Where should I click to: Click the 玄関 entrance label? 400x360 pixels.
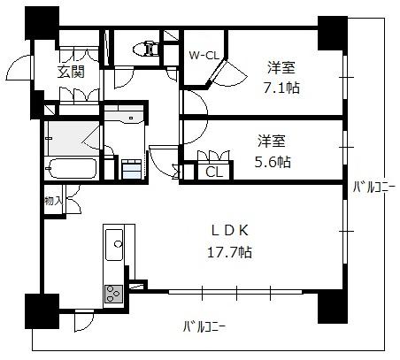point(71,72)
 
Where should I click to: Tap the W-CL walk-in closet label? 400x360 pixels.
point(204,55)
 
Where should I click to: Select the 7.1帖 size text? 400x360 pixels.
point(281,88)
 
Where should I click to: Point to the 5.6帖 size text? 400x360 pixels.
point(273,162)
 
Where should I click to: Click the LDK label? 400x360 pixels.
point(230,231)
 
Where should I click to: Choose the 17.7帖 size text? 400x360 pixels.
point(230,252)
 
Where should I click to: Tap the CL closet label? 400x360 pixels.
point(214,172)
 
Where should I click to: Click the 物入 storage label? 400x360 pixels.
point(53,201)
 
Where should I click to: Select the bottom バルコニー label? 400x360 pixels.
point(204,327)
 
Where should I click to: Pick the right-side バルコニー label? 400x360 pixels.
point(373,188)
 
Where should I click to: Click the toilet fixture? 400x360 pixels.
point(146,49)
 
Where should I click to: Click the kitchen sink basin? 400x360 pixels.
point(114,245)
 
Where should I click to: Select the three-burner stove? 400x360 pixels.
point(113,294)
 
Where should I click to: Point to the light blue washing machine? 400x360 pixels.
point(132,169)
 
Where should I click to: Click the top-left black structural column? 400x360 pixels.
point(42,23)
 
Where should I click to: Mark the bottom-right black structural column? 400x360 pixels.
point(333,307)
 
